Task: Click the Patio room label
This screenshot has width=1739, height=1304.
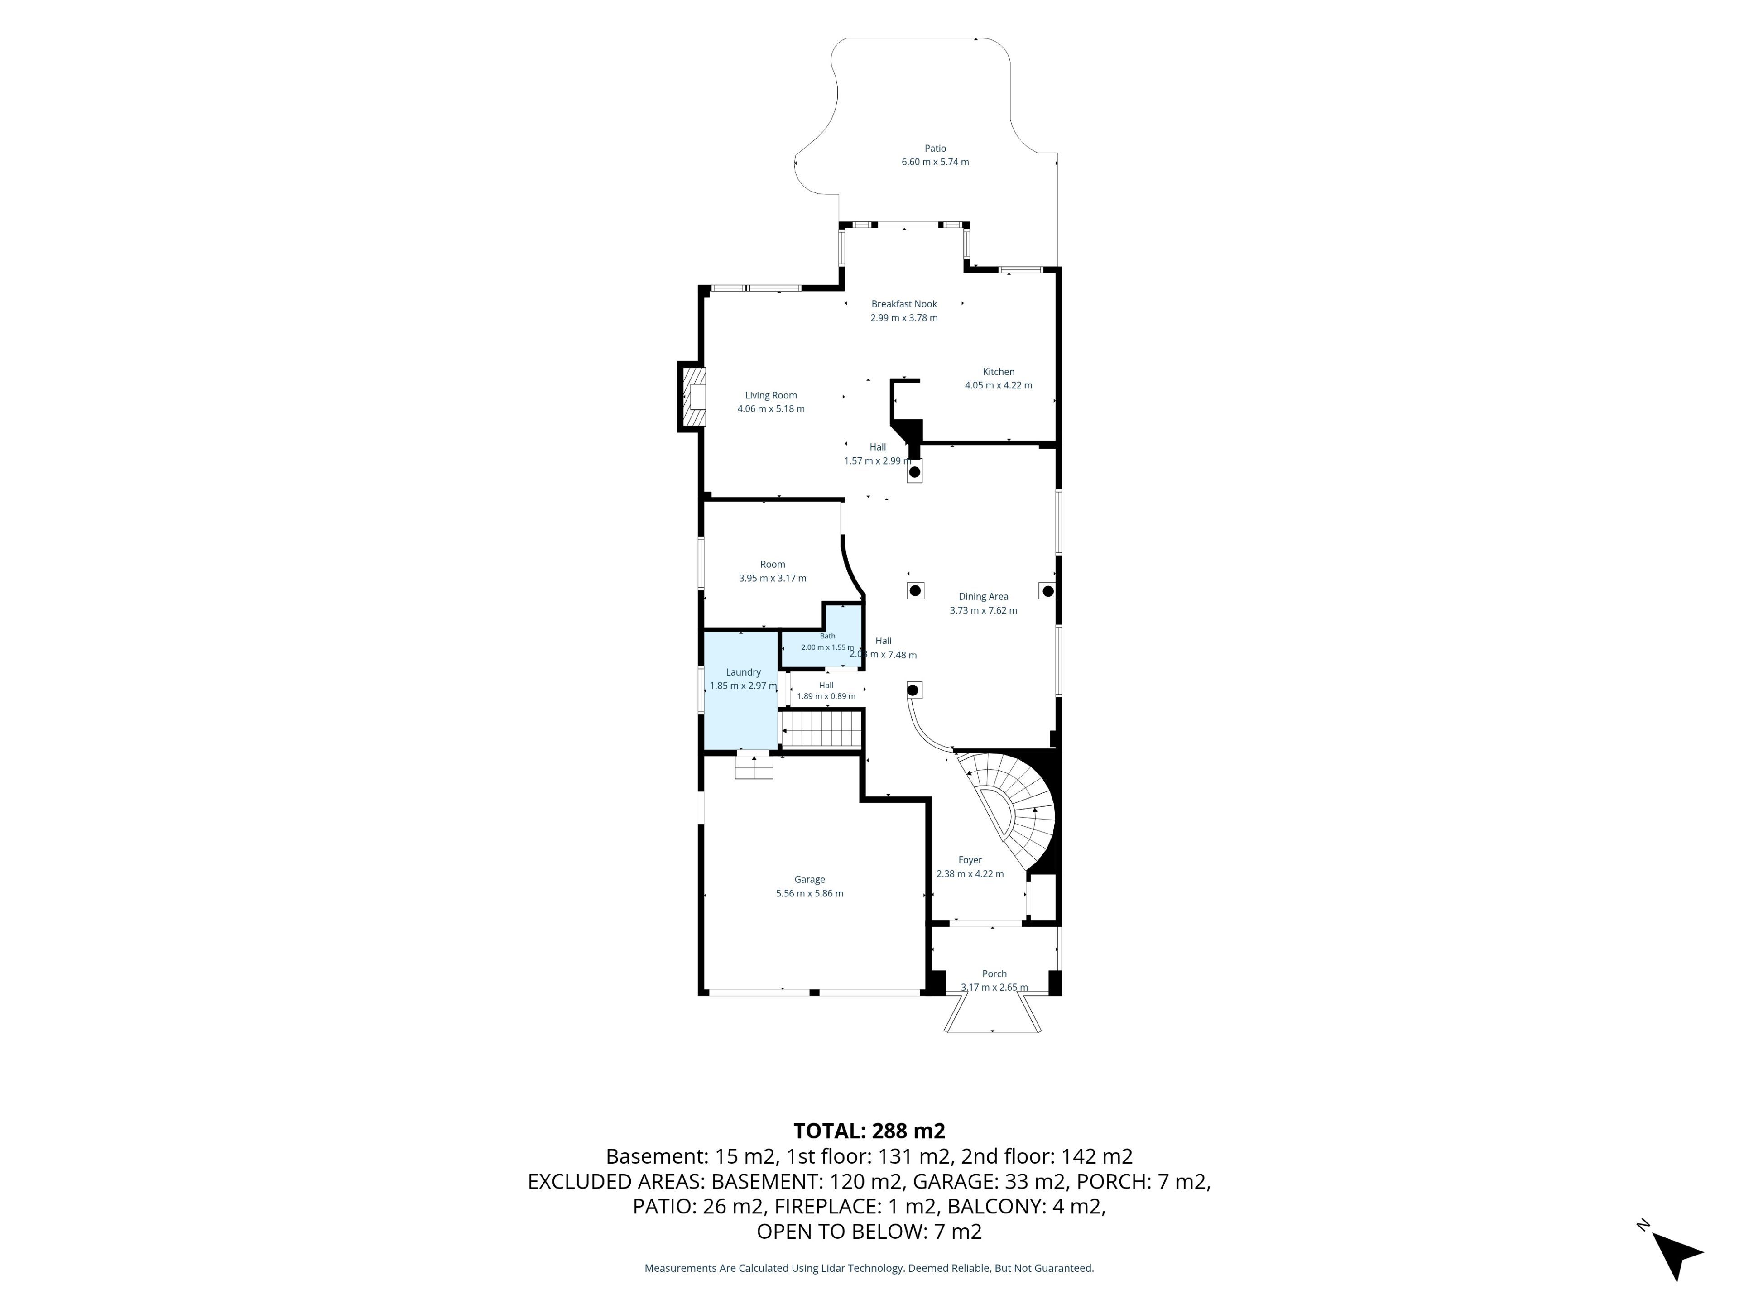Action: pos(935,148)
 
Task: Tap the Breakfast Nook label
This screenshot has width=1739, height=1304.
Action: pos(904,304)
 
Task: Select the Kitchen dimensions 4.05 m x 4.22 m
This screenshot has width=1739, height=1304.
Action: pos(999,385)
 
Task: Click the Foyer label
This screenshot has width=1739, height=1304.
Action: pos(970,860)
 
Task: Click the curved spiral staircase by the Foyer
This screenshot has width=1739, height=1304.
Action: pos(1014,810)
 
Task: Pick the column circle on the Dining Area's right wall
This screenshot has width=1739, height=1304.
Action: pos(1047,591)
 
